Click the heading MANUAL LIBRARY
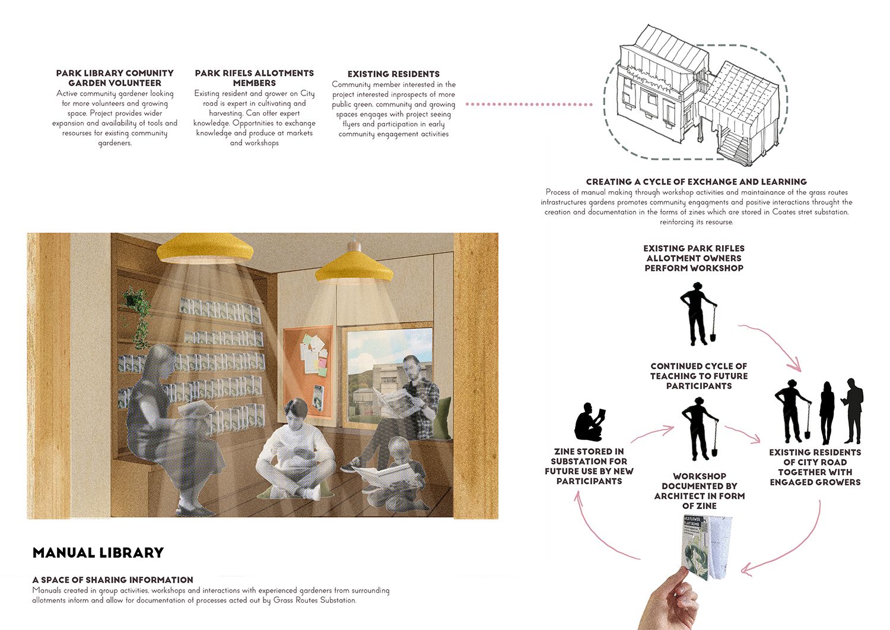[98, 553]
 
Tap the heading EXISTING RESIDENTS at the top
[393, 74]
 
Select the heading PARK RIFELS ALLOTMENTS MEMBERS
[254, 78]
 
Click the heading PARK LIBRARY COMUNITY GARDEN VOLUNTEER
[115, 78]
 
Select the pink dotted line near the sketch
[529, 105]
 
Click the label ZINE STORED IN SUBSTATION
[589, 466]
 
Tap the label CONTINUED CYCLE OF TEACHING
[698, 376]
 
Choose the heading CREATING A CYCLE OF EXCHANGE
[696, 182]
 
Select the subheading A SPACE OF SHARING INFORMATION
[113, 580]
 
